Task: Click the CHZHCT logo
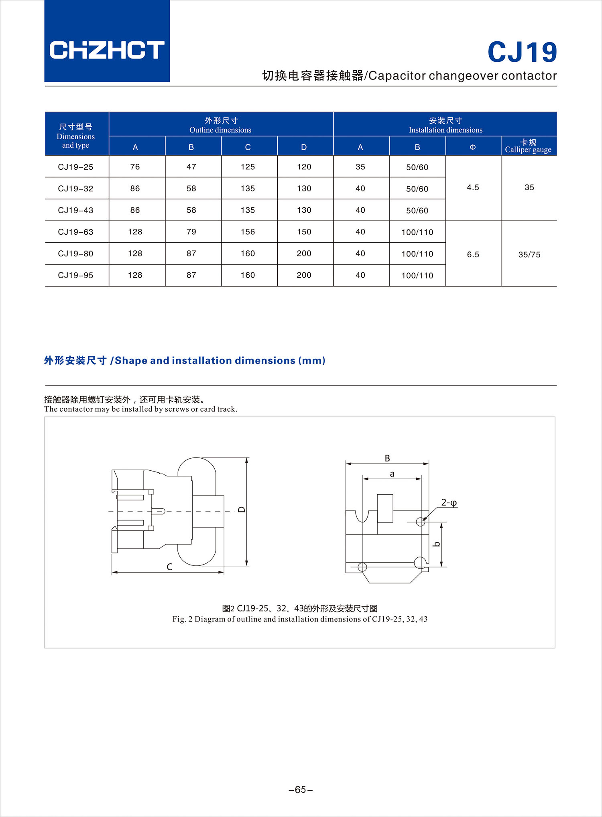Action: tap(107, 50)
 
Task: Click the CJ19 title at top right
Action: tap(522, 52)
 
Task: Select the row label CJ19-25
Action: tap(75, 167)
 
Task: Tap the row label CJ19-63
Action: tap(75, 232)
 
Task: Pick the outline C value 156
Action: tap(248, 232)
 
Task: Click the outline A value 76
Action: tap(135, 167)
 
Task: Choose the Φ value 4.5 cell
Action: tap(473, 187)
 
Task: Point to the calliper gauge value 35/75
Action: tap(529, 254)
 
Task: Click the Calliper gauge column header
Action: tap(528, 146)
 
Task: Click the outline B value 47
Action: tap(191, 167)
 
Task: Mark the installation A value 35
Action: tap(360, 167)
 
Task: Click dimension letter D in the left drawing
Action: tap(241, 510)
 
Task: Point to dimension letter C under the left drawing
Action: tap(169, 567)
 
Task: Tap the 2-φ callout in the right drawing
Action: tap(449, 502)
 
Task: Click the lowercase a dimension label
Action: tap(392, 474)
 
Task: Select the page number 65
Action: tap(301, 790)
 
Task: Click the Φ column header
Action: tap(473, 147)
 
